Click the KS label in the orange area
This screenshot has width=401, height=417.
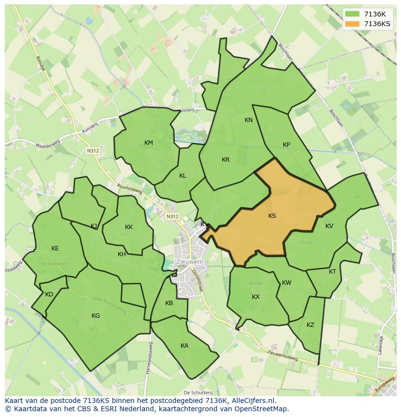click(x=272, y=216)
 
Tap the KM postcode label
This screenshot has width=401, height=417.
click(x=149, y=142)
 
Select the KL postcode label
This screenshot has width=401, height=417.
click(x=183, y=176)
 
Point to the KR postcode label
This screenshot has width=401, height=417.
click(x=226, y=160)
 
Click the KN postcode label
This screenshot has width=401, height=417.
click(x=248, y=120)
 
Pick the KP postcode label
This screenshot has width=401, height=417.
click(x=286, y=145)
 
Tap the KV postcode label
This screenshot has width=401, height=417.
click(x=329, y=226)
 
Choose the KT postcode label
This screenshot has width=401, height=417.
click(x=332, y=272)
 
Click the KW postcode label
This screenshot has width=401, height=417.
click(x=287, y=283)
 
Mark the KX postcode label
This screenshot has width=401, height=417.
click(x=256, y=297)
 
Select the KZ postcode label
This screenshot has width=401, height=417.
click(x=310, y=325)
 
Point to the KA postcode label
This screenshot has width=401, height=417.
click(x=185, y=346)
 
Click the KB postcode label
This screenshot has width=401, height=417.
click(x=169, y=303)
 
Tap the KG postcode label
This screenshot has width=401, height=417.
click(x=96, y=316)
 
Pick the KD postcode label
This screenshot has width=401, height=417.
click(x=49, y=294)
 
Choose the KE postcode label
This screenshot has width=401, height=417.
click(x=55, y=248)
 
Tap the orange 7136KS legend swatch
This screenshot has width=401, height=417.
click(x=353, y=24)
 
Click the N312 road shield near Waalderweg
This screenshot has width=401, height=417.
click(x=93, y=151)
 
